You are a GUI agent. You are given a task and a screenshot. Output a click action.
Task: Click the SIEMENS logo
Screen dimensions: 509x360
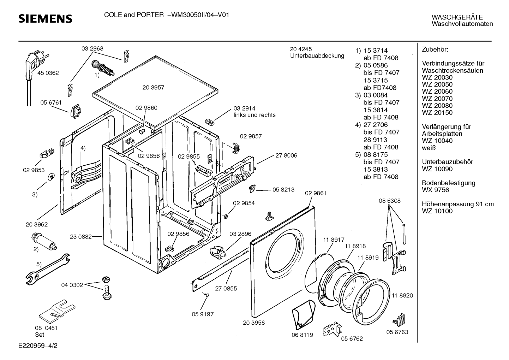(x=45, y=19)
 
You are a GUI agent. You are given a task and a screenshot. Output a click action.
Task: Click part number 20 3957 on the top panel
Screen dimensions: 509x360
(x=153, y=88)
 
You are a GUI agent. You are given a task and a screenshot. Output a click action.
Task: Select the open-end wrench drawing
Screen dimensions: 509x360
(x=48, y=269)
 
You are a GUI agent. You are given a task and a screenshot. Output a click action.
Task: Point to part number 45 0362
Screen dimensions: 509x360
(x=48, y=73)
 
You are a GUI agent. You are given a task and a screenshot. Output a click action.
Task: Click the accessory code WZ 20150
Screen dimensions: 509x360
(x=437, y=113)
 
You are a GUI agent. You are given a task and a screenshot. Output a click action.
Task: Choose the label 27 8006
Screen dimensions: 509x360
(x=286, y=155)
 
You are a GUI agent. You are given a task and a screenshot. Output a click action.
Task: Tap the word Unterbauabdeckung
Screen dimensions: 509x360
(x=317, y=56)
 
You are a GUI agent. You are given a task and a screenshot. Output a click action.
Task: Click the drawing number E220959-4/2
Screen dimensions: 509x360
(x=38, y=346)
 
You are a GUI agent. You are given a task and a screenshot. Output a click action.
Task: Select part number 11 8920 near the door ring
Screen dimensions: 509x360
(x=402, y=295)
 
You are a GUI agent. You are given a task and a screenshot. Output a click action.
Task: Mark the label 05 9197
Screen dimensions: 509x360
(x=203, y=314)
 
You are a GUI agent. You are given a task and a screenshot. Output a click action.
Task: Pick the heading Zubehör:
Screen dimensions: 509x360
(x=435, y=49)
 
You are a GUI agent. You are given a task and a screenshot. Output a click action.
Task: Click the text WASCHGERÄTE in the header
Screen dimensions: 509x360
(x=457, y=17)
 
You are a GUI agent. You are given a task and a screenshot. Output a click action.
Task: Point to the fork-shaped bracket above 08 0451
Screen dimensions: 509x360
(x=57, y=311)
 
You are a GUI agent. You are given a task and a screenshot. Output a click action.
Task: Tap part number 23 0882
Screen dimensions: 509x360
(x=81, y=237)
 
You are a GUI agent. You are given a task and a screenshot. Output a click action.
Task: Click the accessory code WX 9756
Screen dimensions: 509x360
(x=435, y=190)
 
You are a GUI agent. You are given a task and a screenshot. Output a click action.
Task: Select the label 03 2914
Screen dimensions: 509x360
(x=245, y=108)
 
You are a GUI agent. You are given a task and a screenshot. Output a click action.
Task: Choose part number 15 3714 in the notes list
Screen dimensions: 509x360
(x=376, y=51)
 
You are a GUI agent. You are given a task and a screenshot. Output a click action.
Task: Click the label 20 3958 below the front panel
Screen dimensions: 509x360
(x=254, y=323)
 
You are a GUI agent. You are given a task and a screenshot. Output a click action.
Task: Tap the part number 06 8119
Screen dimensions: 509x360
(x=303, y=335)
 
